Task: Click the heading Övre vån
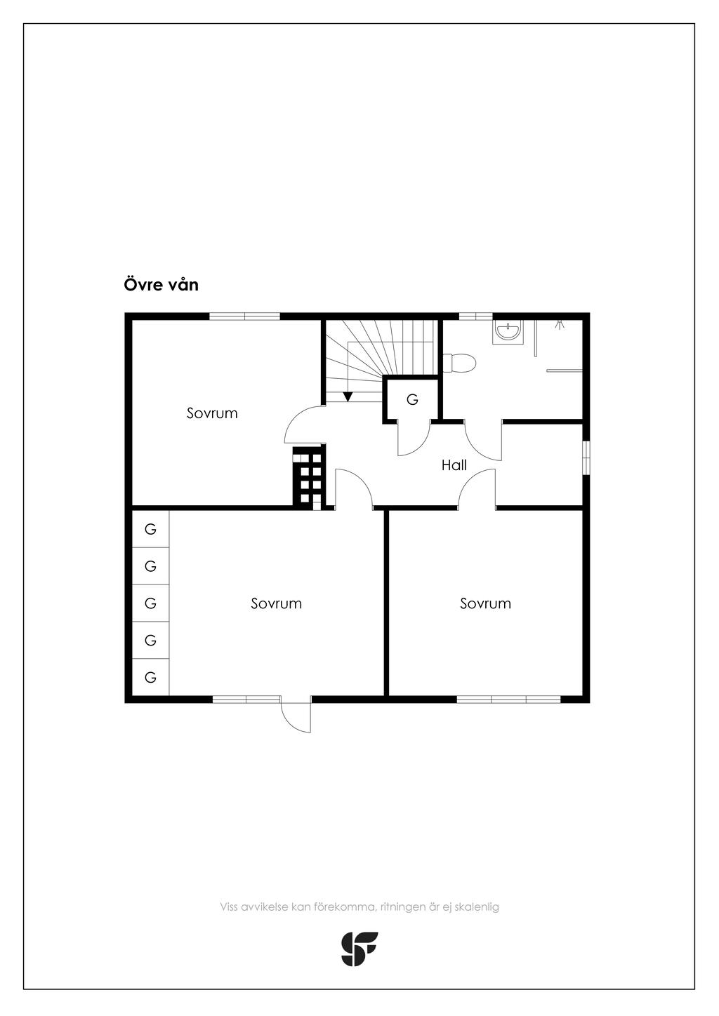tap(161, 285)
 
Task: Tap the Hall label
tap(454, 465)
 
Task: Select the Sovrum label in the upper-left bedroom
tap(212, 413)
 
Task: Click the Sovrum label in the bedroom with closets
tap(276, 603)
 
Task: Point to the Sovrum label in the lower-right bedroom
tap(485, 603)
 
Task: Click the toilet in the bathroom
tap(460, 363)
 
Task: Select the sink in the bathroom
tap(508, 333)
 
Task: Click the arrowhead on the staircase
tap(348, 396)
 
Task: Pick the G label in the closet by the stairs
tap(412, 400)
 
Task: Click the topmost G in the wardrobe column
tap(150, 529)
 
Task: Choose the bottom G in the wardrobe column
tap(150, 677)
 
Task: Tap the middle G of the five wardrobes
tap(150, 603)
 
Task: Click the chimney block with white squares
tap(310, 478)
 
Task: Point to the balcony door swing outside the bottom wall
tap(296, 714)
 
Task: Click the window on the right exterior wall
tap(586, 457)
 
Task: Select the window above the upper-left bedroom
tap(244, 316)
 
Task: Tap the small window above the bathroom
tap(475, 316)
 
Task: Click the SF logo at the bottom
tap(359, 949)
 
